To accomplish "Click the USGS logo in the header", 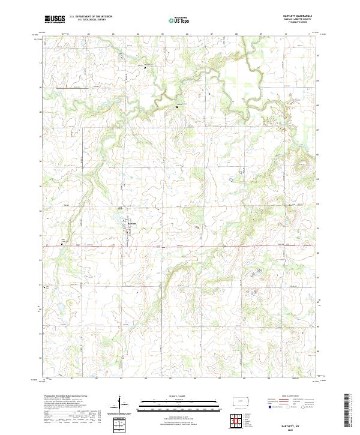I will tap(55, 19).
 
